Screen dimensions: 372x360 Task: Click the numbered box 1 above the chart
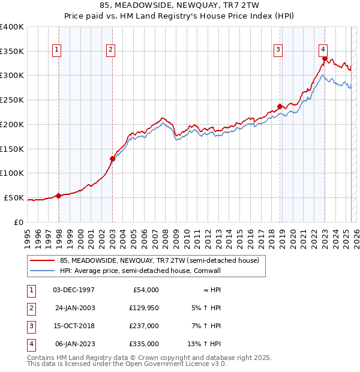point(57,50)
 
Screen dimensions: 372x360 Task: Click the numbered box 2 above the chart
point(111,50)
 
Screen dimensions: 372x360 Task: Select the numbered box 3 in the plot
point(278,50)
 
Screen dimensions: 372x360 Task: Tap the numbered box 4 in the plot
point(323,50)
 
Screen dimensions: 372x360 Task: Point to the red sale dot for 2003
point(112,158)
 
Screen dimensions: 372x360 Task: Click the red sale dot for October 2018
point(280,106)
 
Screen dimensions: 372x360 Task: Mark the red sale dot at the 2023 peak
point(325,59)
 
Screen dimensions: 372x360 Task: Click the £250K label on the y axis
point(12,100)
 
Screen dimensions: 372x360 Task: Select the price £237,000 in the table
point(145,326)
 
